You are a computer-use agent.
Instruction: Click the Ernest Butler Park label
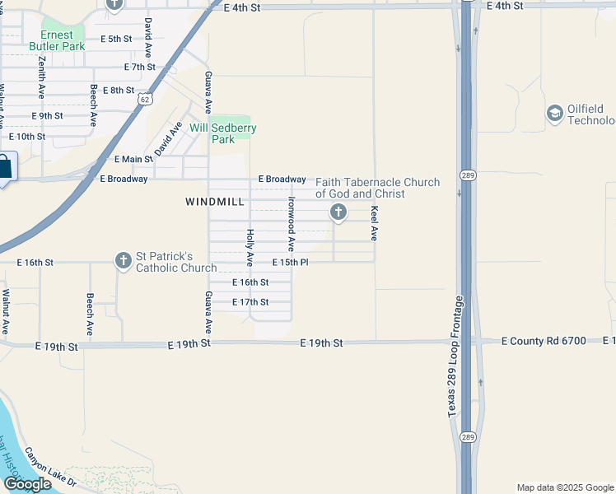coord(57,41)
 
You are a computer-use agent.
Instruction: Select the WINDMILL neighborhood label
coord(215,202)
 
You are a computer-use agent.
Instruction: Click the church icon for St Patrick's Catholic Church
coord(124,262)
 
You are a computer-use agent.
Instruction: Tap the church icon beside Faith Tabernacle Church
coord(338,213)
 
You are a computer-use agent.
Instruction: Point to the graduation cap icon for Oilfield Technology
coord(554,113)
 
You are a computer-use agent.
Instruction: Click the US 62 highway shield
coord(145,99)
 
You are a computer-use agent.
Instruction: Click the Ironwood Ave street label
coord(291,224)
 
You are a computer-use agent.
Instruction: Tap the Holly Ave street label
coord(250,247)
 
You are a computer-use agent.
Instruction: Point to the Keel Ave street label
coord(374,223)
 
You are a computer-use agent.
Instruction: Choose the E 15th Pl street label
coord(290,263)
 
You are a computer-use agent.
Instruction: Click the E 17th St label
coord(250,302)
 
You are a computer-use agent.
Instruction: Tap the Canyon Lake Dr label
coord(49,467)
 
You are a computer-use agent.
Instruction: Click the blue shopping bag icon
coord(4,167)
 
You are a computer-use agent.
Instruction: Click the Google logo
coord(28,484)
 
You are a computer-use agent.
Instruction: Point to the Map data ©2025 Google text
coord(564,487)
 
